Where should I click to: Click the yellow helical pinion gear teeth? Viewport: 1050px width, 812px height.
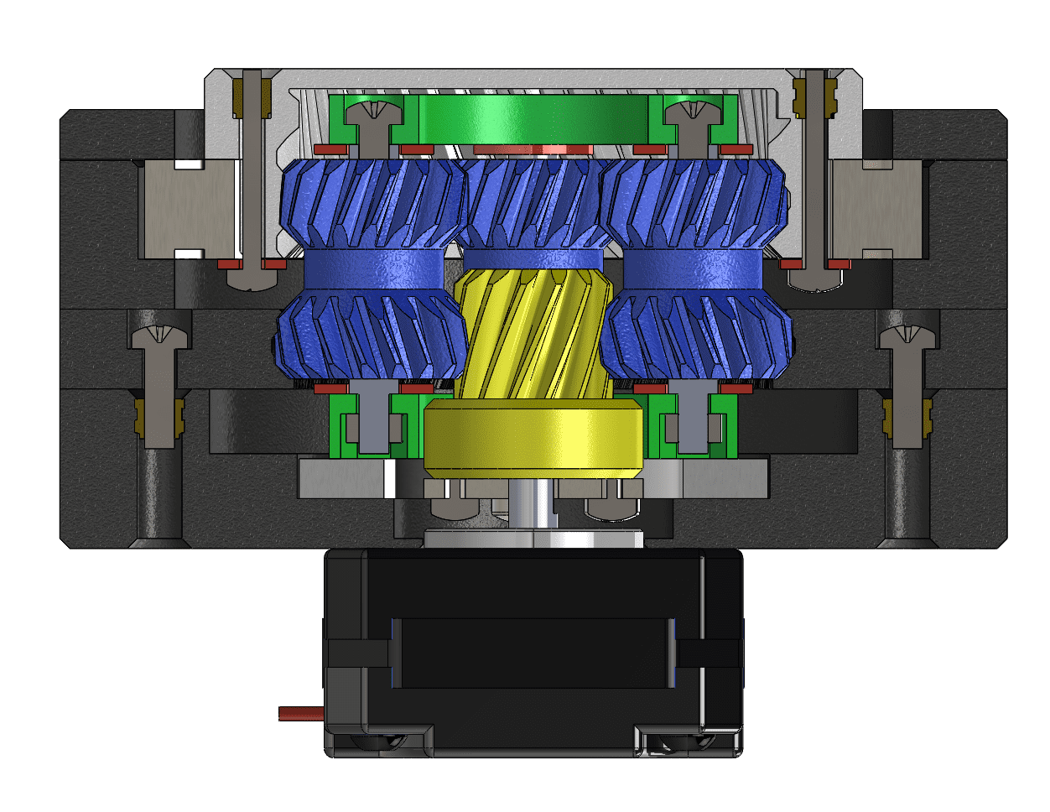click(x=530, y=336)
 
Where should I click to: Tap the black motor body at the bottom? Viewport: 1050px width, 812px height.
click(x=533, y=654)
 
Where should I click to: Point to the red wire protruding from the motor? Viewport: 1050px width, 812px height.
click(x=300, y=713)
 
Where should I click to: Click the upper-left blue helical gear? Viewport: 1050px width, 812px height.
click(x=372, y=204)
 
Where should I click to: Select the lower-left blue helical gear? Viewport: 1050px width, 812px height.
click(x=371, y=336)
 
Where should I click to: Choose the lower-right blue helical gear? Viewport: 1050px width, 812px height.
click(x=696, y=336)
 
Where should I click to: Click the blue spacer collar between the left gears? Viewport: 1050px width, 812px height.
click(x=372, y=268)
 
